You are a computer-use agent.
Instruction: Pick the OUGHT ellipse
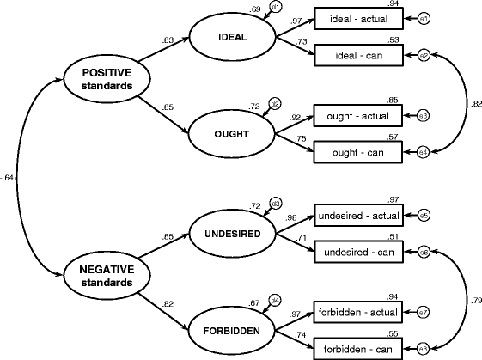coord(229,134)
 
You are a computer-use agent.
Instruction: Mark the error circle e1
coord(423,18)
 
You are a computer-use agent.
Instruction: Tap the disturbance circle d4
coord(276,300)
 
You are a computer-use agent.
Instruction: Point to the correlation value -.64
coord(8,179)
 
